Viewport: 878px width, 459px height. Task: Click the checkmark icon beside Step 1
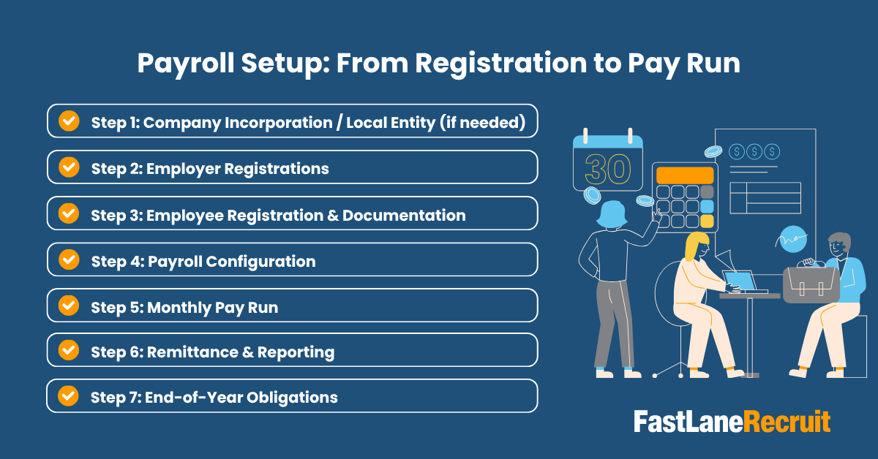[x=69, y=121]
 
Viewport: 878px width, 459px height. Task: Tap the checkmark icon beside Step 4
[x=69, y=259]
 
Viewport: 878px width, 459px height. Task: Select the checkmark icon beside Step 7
[x=69, y=396]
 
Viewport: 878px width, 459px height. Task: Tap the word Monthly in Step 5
[x=179, y=307]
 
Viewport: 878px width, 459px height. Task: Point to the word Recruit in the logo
[x=787, y=422]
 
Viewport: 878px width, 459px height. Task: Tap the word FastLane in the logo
[x=688, y=422]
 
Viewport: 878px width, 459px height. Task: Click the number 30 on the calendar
[x=607, y=170]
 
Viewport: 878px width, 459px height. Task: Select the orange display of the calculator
[x=685, y=175]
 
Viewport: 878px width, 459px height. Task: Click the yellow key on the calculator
[x=707, y=220]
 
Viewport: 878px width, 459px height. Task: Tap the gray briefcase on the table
[x=811, y=284]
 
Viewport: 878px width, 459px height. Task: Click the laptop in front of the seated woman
[x=740, y=280]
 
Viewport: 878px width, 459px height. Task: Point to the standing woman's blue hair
[x=612, y=214]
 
